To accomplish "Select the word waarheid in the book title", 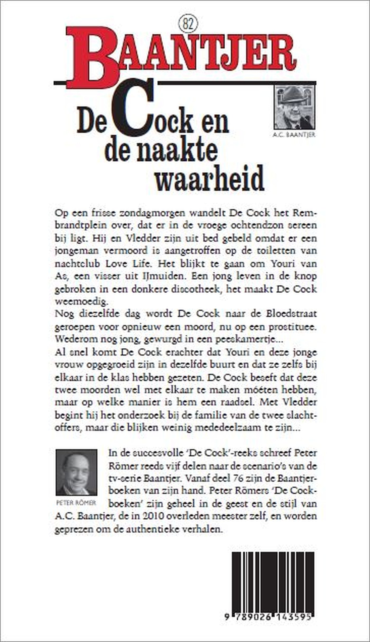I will (x=209, y=178).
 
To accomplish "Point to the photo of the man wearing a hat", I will (x=294, y=107).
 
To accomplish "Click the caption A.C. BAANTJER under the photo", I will (x=294, y=135).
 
